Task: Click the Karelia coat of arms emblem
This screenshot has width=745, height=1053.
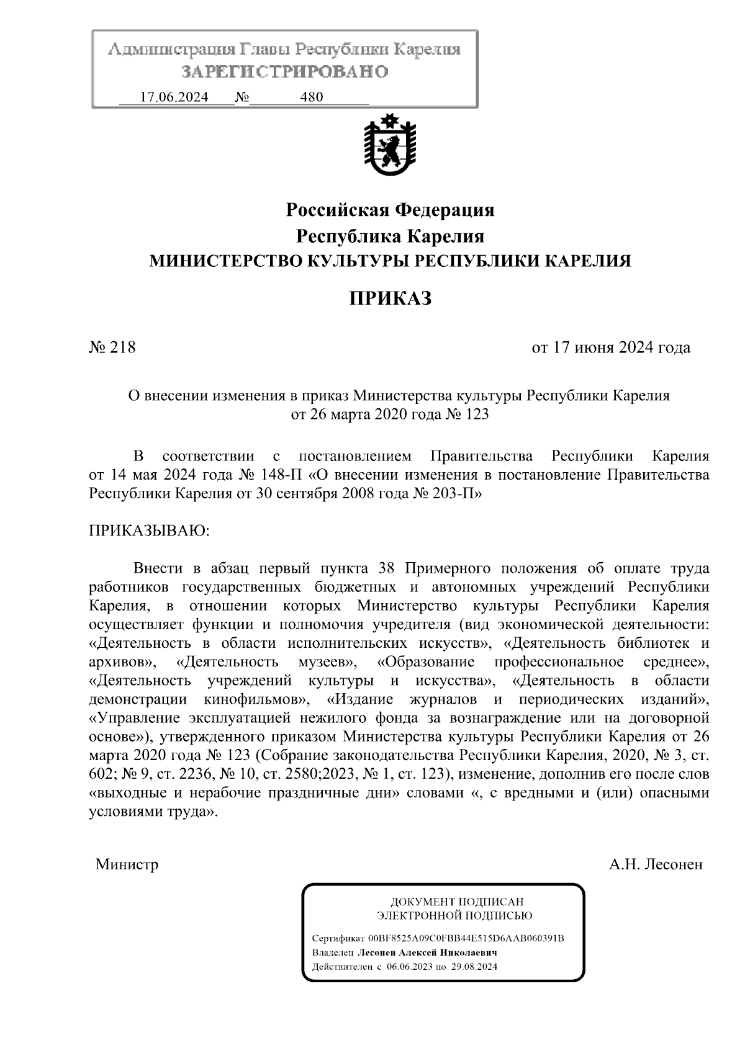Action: (x=389, y=147)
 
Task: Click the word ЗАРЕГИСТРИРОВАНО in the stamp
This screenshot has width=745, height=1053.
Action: (x=284, y=72)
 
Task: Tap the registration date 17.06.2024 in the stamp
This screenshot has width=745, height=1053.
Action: (x=174, y=97)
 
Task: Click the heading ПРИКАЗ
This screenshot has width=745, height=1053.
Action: (x=389, y=299)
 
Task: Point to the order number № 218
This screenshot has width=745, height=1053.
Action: (x=112, y=347)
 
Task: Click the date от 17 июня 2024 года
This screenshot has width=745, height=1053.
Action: (x=611, y=347)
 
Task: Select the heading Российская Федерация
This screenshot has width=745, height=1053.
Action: (x=389, y=210)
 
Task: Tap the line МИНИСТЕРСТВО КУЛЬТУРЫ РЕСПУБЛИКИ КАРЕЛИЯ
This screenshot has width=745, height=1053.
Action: (x=389, y=261)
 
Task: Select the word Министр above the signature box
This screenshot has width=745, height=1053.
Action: (x=127, y=864)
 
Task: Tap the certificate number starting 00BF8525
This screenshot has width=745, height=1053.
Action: (x=466, y=938)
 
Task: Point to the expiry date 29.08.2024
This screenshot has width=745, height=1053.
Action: (x=474, y=967)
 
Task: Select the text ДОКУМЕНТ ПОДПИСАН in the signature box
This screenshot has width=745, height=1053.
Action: (x=456, y=902)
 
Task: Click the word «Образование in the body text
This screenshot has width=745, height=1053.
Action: (x=426, y=662)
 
